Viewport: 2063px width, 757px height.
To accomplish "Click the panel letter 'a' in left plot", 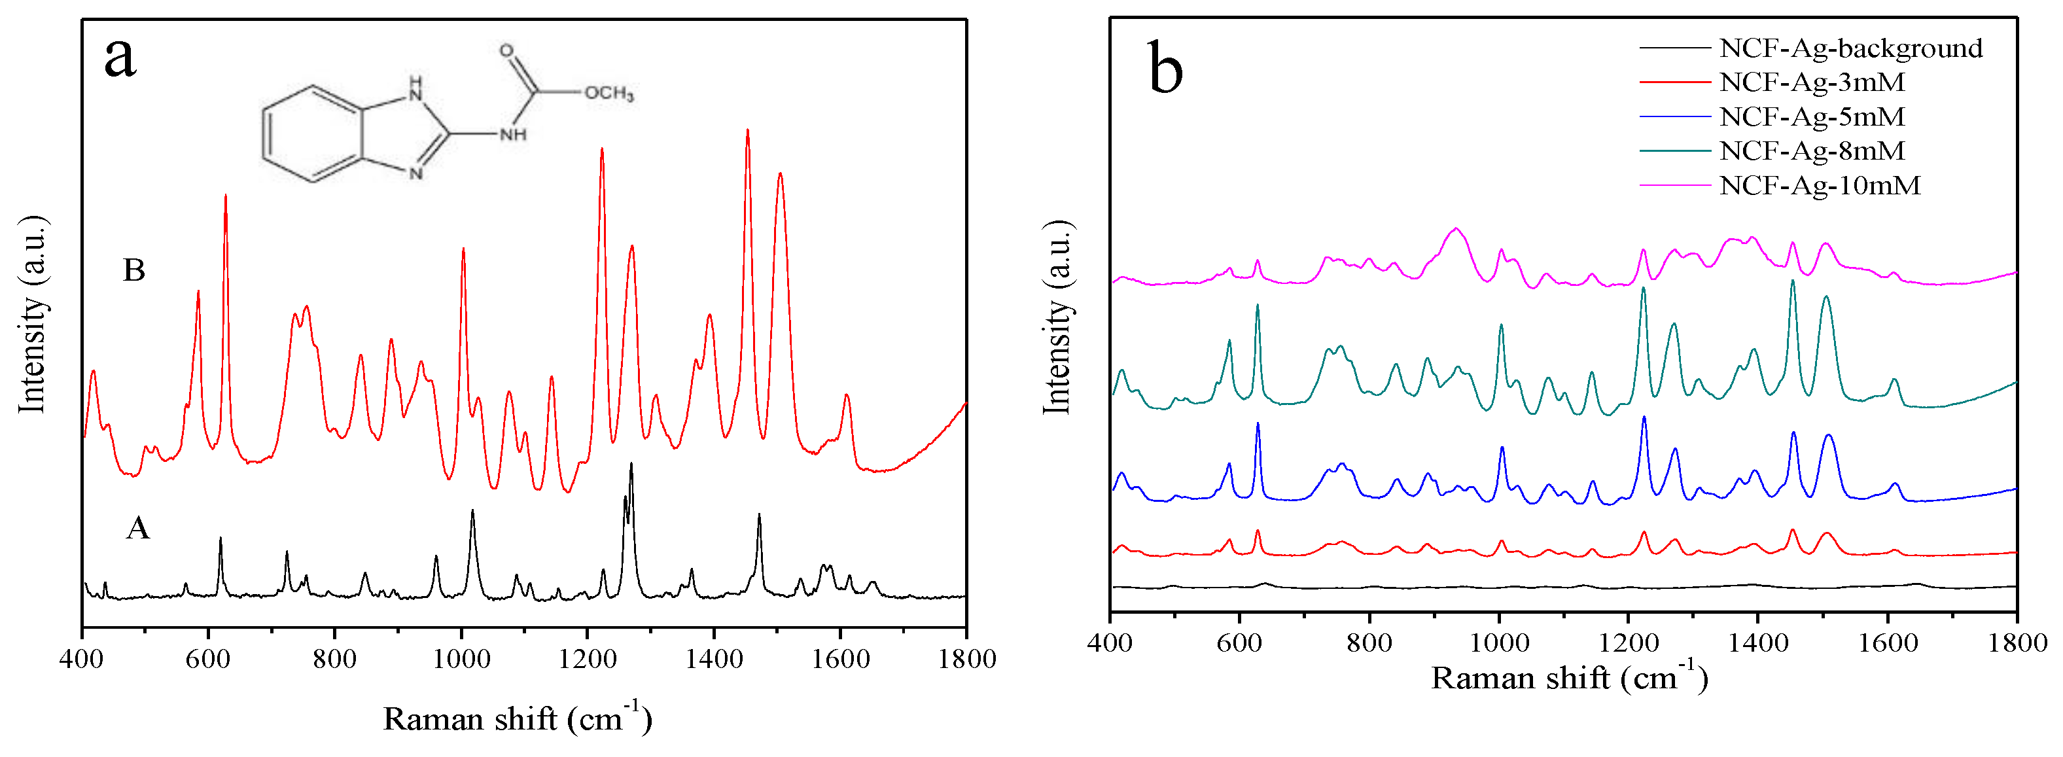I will coord(120,58).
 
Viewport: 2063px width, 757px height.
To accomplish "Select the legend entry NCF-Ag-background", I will coord(1850,48).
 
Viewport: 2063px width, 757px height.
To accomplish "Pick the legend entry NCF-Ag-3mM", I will coord(1812,82).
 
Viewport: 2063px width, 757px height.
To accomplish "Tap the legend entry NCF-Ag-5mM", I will coord(1812,116).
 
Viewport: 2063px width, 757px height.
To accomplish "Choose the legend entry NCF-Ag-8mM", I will coord(1812,150).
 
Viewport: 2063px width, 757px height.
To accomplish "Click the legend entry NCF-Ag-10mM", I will coord(1820,185).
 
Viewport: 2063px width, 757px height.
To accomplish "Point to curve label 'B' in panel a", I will coord(133,270).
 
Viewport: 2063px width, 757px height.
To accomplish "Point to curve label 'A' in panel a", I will coord(138,528).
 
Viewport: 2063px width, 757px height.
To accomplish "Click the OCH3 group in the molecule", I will coord(608,93).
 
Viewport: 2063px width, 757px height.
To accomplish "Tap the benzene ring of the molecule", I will coord(312,133).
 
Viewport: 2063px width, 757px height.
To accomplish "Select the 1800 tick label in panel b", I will coord(2017,643).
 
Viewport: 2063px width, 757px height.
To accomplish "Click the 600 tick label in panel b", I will coord(1239,643).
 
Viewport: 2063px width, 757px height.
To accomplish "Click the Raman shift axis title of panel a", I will coord(518,718).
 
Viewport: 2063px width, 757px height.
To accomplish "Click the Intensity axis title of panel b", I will coord(1057,317).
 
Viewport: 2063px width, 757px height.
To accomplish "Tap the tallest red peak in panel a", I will coord(747,132).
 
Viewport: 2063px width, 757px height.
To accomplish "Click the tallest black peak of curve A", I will coord(631,465).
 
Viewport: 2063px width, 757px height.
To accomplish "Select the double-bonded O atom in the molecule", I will coord(506,50).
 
